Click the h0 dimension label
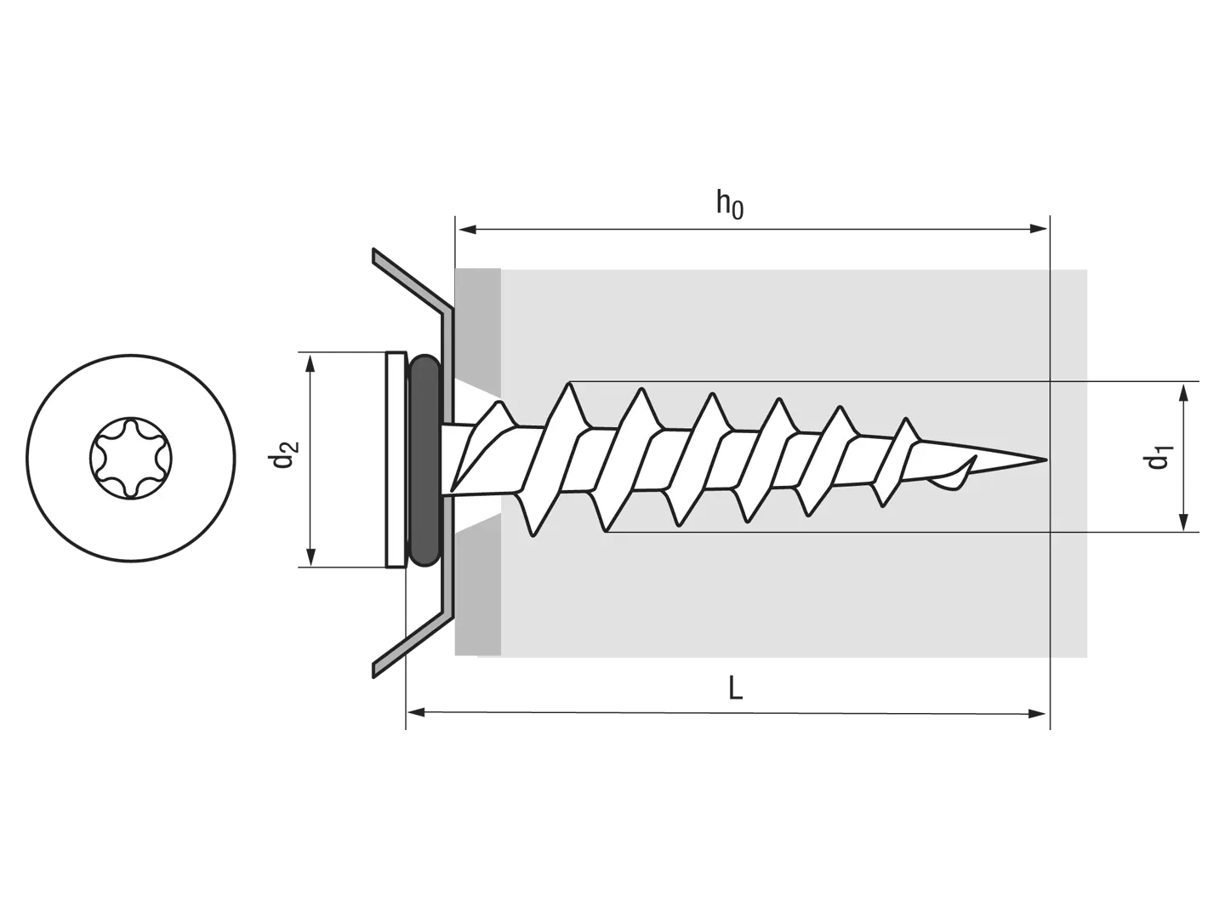(x=729, y=205)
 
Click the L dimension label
(x=736, y=688)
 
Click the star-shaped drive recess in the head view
(x=131, y=458)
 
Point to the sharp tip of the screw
(x=1046, y=459)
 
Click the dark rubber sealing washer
(x=424, y=459)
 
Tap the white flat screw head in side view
(x=396, y=459)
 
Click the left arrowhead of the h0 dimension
(x=466, y=229)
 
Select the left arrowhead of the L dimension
(x=417, y=712)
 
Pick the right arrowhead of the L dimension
(x=1037, y=714)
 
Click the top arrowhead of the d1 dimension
(x=1183, y=393)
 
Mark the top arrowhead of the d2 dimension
(x=311, y=363)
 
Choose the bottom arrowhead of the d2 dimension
(x=311, y=557)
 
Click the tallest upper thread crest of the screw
(x=569, y=384)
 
